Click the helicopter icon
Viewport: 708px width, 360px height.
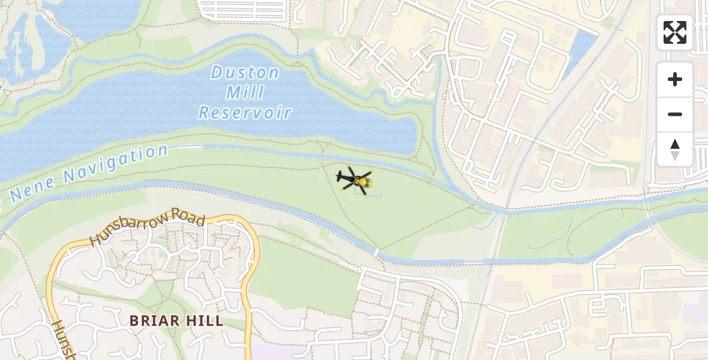pyautogui.click(x=355, y=179)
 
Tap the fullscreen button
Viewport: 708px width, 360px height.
pyautogui.click(x=675, y=32)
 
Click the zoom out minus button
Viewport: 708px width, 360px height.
pyautogui.click(x=675, y=114)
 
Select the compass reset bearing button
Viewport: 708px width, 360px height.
pyautogui.click(x=675, y=149)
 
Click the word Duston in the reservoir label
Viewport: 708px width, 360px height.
pyautogui.click(x=245, y=74)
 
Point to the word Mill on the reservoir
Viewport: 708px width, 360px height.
pyautogui.click(x=245, y=93)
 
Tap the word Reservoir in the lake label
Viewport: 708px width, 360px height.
pyautogui.click(x=245, y=112)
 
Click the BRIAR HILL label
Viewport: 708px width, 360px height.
pyautogui.click(x=177, y=320)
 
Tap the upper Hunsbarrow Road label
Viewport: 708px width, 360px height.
pyautogui.click(x=147, y=229)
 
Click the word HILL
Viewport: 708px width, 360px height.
pyautogui.click(x=205, y=320)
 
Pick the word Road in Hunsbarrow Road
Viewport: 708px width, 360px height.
pyautogui.click(x=188, y=218)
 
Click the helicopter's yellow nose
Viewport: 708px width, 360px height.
pyautogui.click(x=367, y=182)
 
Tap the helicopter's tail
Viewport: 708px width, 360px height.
pyautogui.click(x=340, y=176)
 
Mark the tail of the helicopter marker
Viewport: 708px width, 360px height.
pyautogui.click(x=340, y=176)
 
